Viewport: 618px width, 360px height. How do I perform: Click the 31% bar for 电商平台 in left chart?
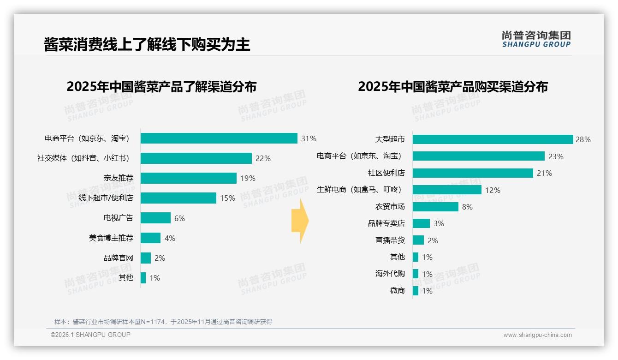point(219,138)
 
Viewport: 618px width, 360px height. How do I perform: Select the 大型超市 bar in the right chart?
point(493,139)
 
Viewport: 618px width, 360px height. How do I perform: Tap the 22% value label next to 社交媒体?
point(263,158)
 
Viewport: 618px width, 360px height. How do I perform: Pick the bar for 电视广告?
point(155,218)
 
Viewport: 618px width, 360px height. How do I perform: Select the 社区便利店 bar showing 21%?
point(473,173)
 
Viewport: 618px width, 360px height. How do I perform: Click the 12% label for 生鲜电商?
point(493,190)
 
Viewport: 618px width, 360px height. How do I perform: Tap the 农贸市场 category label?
point(390,207)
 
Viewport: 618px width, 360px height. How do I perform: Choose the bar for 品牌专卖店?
point(421,223)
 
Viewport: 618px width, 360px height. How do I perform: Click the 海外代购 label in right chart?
point(390,274)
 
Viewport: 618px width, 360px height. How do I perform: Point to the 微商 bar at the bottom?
point(416,291)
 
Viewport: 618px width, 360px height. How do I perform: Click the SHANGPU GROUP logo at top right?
point(536,39)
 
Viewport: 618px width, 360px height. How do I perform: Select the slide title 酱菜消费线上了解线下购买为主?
point(147,44)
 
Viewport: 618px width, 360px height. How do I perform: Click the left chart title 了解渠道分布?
point(161,87)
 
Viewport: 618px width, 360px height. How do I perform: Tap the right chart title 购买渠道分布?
point(453,87)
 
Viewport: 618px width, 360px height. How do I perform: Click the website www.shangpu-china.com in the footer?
point(537,335)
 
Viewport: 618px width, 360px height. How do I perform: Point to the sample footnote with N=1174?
point(163,322)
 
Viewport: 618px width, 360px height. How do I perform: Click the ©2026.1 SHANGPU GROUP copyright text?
point(90,335)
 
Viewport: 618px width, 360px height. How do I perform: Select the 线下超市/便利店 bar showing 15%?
point(178,198)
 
